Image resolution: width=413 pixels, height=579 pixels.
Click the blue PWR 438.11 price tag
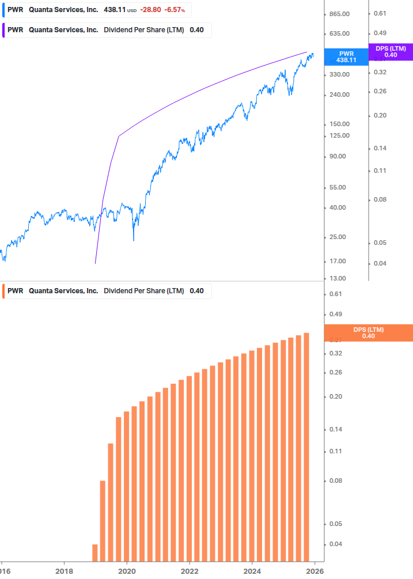coord(346,56)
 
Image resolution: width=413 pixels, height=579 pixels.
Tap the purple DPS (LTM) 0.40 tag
coord(391,52)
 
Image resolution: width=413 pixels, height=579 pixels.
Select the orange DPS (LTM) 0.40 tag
coord(369,333)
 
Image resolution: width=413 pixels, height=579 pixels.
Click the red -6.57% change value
coord(175,10)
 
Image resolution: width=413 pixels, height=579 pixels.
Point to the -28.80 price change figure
coord(150,10)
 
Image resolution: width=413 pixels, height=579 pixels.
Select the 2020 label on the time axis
coord(127,571)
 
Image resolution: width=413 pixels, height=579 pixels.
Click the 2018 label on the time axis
coord(64,571)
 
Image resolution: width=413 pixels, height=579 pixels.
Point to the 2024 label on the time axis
coord(252,571)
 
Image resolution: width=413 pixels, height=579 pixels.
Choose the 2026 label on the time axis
coord(314,571)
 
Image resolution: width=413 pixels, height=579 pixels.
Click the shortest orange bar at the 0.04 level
coord(95,552)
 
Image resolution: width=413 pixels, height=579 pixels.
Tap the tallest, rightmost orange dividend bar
coord(306,446)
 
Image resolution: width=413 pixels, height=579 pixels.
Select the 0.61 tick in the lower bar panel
coord(335,294)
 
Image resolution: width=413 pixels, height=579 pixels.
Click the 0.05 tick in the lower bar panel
coord(335,524)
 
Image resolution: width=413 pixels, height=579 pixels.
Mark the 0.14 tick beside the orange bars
coord(335,430)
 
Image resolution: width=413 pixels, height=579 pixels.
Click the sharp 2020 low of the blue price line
coord(134,240)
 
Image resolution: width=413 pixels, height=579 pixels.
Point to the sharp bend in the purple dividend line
coord(119,136)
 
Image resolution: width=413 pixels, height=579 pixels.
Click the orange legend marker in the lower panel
coord(3,291)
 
